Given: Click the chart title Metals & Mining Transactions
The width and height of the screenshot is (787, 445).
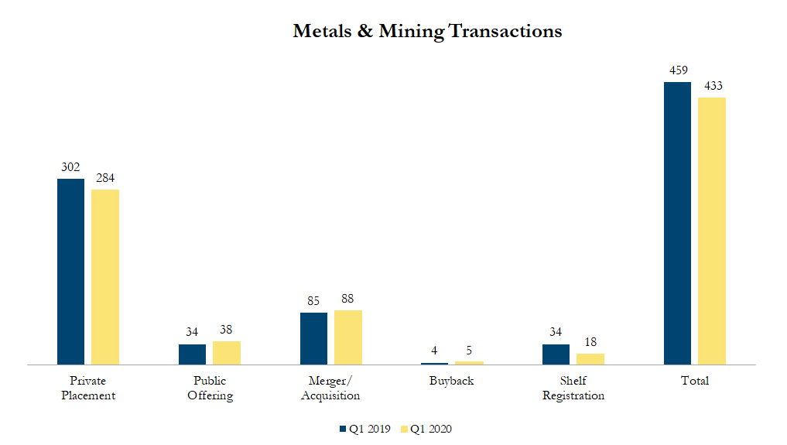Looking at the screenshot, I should [x=427, y=32].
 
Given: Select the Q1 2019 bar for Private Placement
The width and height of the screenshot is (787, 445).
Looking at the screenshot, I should [x=70, y=271].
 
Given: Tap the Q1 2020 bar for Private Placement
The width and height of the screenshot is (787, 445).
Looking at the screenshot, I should [x=105, y=276].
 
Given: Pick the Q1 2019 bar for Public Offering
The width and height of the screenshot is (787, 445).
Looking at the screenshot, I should [x=192, y=354].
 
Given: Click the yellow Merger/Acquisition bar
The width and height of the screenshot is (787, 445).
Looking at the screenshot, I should [x=347, y=337].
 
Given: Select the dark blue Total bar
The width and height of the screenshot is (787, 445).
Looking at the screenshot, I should [x=677, y=223].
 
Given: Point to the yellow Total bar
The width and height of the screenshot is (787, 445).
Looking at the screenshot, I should [x=712, y=231].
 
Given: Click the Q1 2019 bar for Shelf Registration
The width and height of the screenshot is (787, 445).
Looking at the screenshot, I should [x=556, y=354].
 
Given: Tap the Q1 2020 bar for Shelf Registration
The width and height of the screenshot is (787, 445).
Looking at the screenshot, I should [x=590, y=358].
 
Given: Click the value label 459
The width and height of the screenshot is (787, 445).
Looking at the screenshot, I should [x=678, y=71].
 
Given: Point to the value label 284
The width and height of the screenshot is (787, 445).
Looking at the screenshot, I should [x=105, y=178].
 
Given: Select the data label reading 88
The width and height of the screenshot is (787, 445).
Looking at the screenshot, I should [x=347, y=299].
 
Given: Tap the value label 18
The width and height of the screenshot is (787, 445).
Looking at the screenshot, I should [x=590, y=342].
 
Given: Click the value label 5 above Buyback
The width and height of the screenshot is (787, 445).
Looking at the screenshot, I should [x=469, y=350].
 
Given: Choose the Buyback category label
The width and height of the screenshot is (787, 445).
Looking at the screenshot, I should [x=452, y=381].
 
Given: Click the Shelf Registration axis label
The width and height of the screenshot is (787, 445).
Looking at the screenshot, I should [x=573, y=388].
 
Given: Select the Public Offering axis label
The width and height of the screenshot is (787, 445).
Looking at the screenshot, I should [x=210, y=388].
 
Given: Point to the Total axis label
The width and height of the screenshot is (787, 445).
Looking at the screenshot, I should [x=694, y=381].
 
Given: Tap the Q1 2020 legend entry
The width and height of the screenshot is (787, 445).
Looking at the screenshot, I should [x=426, y=429].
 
